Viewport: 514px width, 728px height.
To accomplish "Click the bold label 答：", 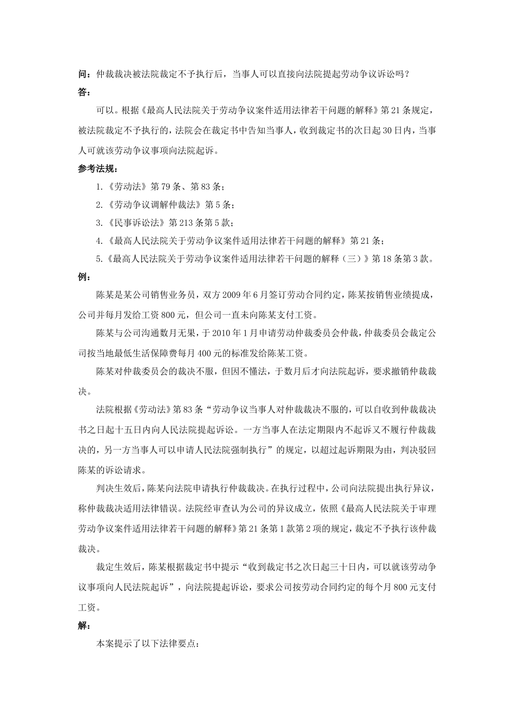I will (84, 93).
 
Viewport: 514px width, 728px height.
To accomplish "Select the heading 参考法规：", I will (98, 169).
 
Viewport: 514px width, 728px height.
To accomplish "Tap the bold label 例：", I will (84, 277).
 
